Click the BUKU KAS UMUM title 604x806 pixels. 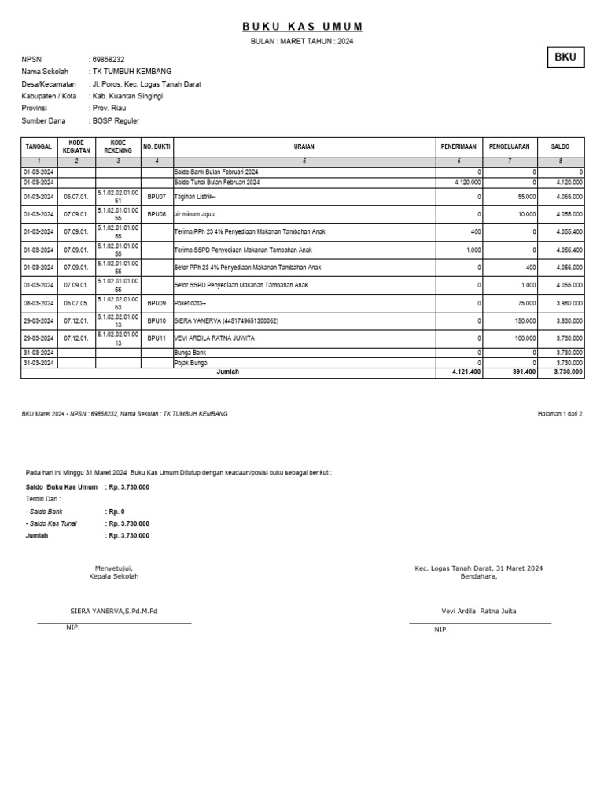click(x=302, y=27)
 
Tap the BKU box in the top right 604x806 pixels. click(x=565, y=57)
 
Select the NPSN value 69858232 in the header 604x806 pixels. click(x=109, y=59)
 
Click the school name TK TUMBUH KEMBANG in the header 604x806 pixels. click(x=131, y=72)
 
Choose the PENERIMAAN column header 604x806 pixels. click(x=459, y=146)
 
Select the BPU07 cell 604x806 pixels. click(x=157, y=196)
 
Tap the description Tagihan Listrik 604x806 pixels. click(x=194, y=196)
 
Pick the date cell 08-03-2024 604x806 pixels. click(x=39, y=303)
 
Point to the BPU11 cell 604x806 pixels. click(x=157, y=338)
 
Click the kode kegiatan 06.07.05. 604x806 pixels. click(x=77, y=303)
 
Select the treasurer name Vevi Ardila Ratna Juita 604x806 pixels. click(x=479, y=611)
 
